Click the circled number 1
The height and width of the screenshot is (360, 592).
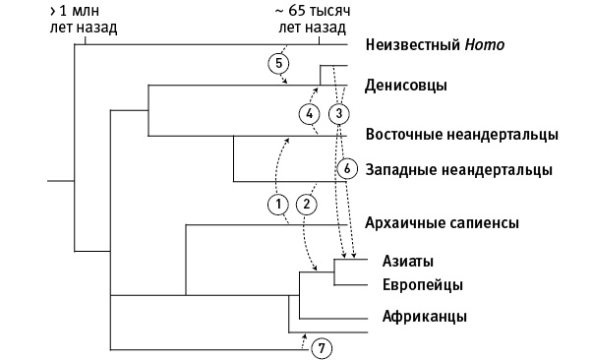278,204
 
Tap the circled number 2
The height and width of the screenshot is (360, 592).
307,204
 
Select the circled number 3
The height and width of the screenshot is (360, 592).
337,114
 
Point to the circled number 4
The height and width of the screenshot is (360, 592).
309,114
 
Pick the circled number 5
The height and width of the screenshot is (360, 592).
279,63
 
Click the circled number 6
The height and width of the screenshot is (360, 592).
346,167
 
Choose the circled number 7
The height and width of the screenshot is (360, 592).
321,347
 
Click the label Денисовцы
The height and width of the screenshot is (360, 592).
406,86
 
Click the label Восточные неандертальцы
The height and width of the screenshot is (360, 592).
461,135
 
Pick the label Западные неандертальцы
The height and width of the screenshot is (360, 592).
458,169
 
